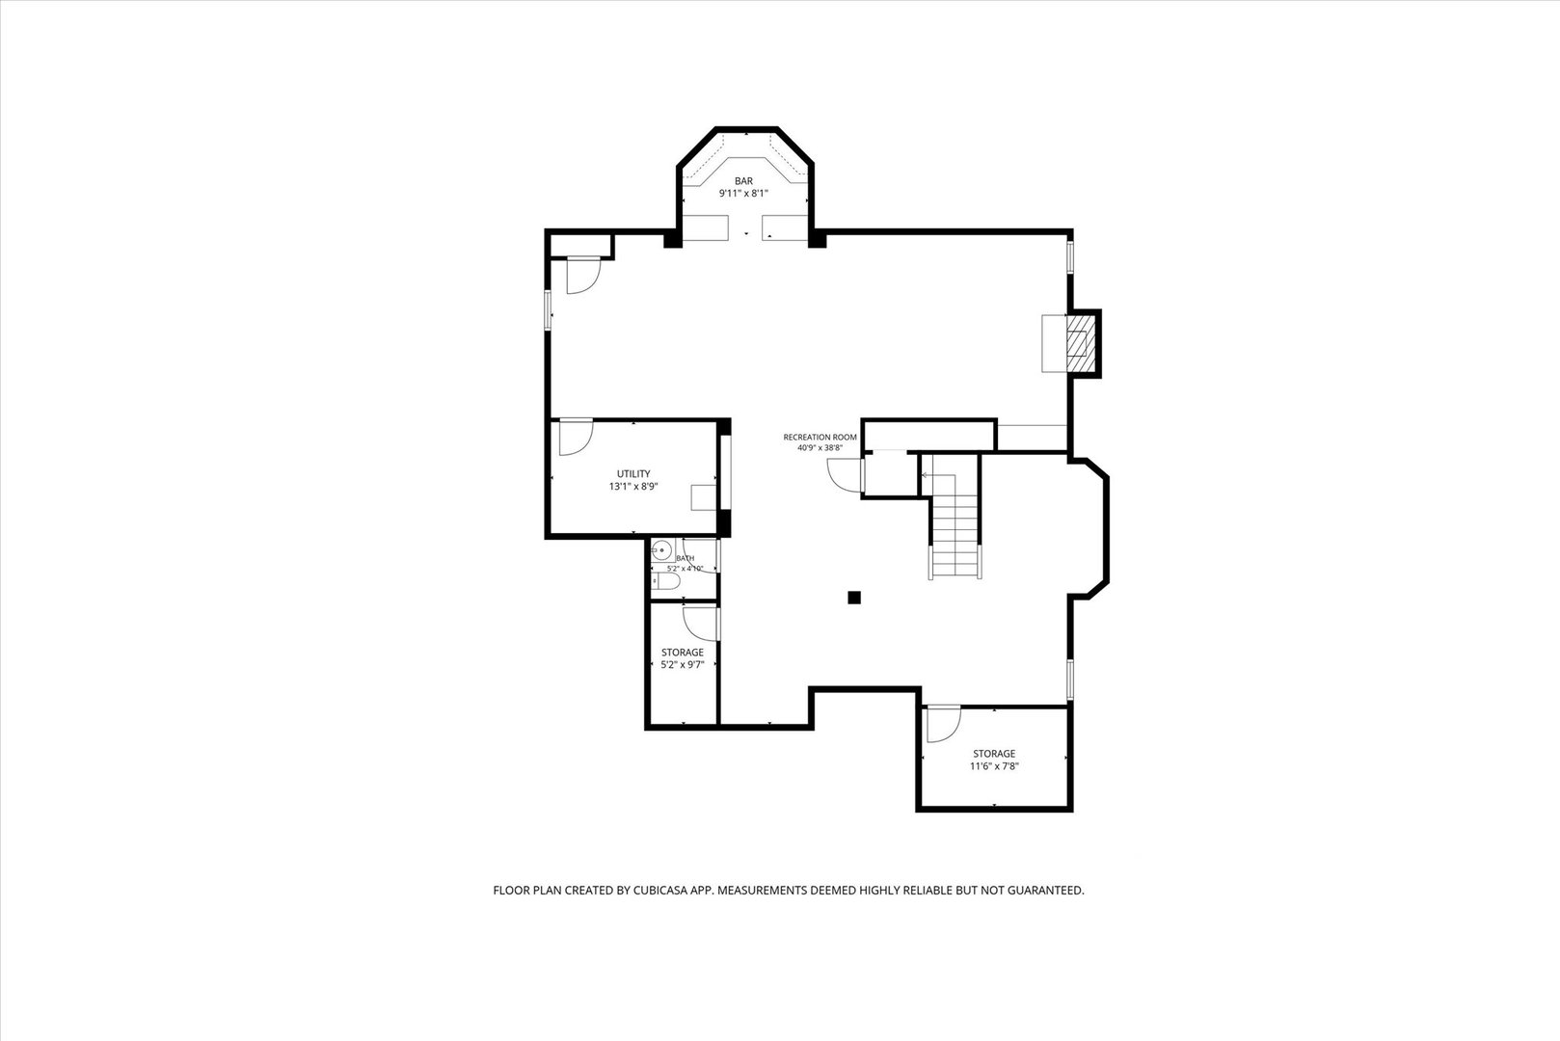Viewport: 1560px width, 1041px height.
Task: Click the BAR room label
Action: pyautogui.click(x=743, y=181)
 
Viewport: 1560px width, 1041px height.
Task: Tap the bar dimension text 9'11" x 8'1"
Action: pyautogui.click(x=743, y=194)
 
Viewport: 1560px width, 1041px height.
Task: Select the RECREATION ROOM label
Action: pyautogui.click(x=820, y=438)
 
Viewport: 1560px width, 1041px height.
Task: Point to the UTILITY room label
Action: pyautogui.click(x=633, y=474)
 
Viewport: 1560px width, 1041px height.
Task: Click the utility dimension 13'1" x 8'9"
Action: pyautogui.click(x=633, y=487)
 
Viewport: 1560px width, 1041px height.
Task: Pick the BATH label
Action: pyautogui.click(x=685, y=558)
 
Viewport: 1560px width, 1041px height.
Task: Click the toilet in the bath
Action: pyautogui.click(x=666, y=581)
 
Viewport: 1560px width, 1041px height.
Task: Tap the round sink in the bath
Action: pyautogui.click(x=661, y=550)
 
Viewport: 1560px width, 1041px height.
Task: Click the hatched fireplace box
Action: pyautogui.click(x=1081, y=344)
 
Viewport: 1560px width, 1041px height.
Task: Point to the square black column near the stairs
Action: pyautogui.click(x=854, y=598)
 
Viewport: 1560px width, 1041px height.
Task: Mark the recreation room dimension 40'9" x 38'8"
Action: pyautogui.click(x=820, y=448)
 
